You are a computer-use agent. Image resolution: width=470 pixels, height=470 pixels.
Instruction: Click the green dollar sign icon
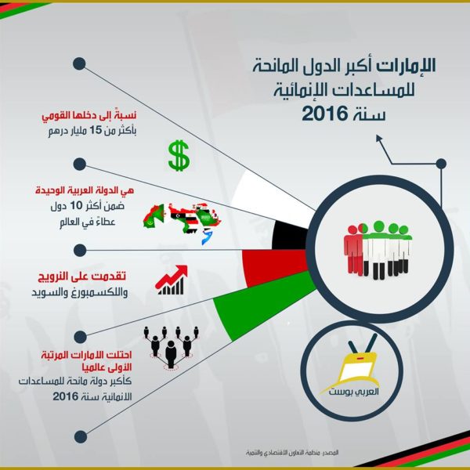pyautogui.click(x=179, y=156)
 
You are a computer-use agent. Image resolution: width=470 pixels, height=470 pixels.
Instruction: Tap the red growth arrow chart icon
pyautogui.click(x=171, y=280)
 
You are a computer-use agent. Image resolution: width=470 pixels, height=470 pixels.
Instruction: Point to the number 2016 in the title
pyautogui.click(x=325, y=114)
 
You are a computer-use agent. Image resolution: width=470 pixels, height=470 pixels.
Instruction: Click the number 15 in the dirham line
pyautogui.click(x=96, y=131)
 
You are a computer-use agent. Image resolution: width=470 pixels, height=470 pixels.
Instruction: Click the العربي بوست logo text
pyautogui.click(x=353, y=392)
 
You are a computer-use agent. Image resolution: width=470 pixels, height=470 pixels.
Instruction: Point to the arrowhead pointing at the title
pyautogui.click(x=379, y=138)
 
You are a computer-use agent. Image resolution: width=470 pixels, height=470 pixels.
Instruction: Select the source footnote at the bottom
pyautogui.click(x=292, y=453)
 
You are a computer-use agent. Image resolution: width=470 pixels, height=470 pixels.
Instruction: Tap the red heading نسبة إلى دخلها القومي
pyautogui.click(x=89, y=116)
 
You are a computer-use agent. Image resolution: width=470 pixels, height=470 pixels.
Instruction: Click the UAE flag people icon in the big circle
pyautogui.click(x=378, y=250)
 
